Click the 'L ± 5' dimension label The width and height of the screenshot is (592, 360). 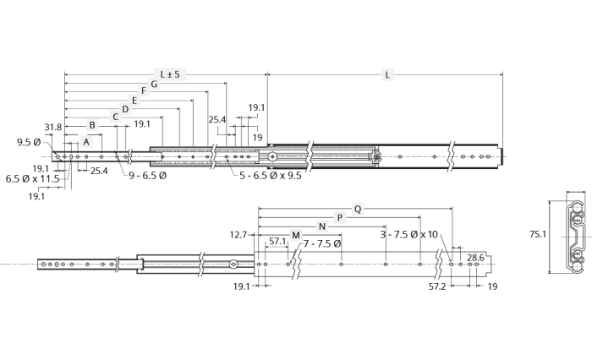pos(170,74)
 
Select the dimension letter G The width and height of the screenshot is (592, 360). pos(154,84)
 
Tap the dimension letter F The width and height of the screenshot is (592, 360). pos(144,90)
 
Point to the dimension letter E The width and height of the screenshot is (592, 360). pos(134,101)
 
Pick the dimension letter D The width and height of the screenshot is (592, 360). pos(125,109)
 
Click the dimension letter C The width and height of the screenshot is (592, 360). pos(116,117)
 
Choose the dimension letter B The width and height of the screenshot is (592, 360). pos(91,125)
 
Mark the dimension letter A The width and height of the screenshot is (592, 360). pos(86,142)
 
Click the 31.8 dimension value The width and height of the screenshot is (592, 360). pos(52,127)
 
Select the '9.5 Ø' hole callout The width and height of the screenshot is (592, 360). pos(29,142)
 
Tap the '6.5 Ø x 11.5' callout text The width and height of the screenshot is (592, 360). pos(32,178)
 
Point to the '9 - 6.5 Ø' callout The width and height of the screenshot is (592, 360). pos(147,175)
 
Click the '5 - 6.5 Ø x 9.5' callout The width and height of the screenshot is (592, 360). pos(271,176)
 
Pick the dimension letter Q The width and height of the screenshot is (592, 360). pos(358,209)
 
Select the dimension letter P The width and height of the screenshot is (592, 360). pos(340,218)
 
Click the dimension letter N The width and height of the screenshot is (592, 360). pos(322,226)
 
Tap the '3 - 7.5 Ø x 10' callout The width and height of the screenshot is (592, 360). pos(408,235)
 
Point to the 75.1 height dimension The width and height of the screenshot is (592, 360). pos(538,234)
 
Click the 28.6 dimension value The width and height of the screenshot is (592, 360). pos(475,258)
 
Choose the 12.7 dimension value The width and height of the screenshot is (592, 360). pos(238,235)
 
